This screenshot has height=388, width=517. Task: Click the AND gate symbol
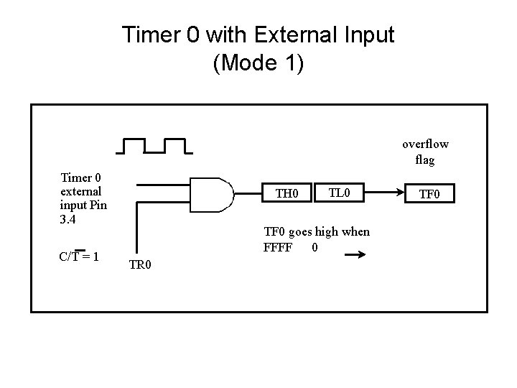click(x=214, y=193)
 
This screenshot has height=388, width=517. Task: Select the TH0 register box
click(x=287, y=193)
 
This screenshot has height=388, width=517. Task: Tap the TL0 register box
click(x=338, y=192)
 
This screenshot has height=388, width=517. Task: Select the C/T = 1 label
click(x=80, y=257)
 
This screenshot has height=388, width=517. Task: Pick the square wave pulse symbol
click(x=154, y=146)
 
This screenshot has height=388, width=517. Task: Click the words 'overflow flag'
click(x=425, y=152)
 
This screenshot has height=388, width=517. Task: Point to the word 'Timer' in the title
click(x=150, y=34)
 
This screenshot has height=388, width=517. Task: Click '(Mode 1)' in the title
click(x=258, y=63)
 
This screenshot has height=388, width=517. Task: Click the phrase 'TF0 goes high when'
click(x=317, y=231)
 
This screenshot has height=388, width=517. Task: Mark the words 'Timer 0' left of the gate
click(x=81, y=177)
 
